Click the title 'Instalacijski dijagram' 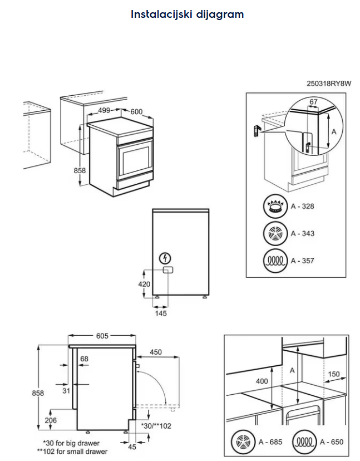pos(187,14)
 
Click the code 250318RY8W pos(329,84)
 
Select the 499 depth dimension pos(104,110)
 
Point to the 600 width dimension pos(136,111)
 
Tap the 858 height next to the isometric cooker pos(80,170)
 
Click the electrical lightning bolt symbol pos(165,258)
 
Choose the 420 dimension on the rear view pos(144,284)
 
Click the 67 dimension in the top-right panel pos(313,102)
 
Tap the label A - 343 pos(302,233)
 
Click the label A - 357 pos(302,260)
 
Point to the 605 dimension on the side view pos(102,336)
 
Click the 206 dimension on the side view pos(50,420)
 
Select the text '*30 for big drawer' pos(71,443)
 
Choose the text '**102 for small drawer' pos(72,452)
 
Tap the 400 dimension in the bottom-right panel pos(261,381)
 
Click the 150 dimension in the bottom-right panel pos(333,374)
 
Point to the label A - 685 pos(270,442)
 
